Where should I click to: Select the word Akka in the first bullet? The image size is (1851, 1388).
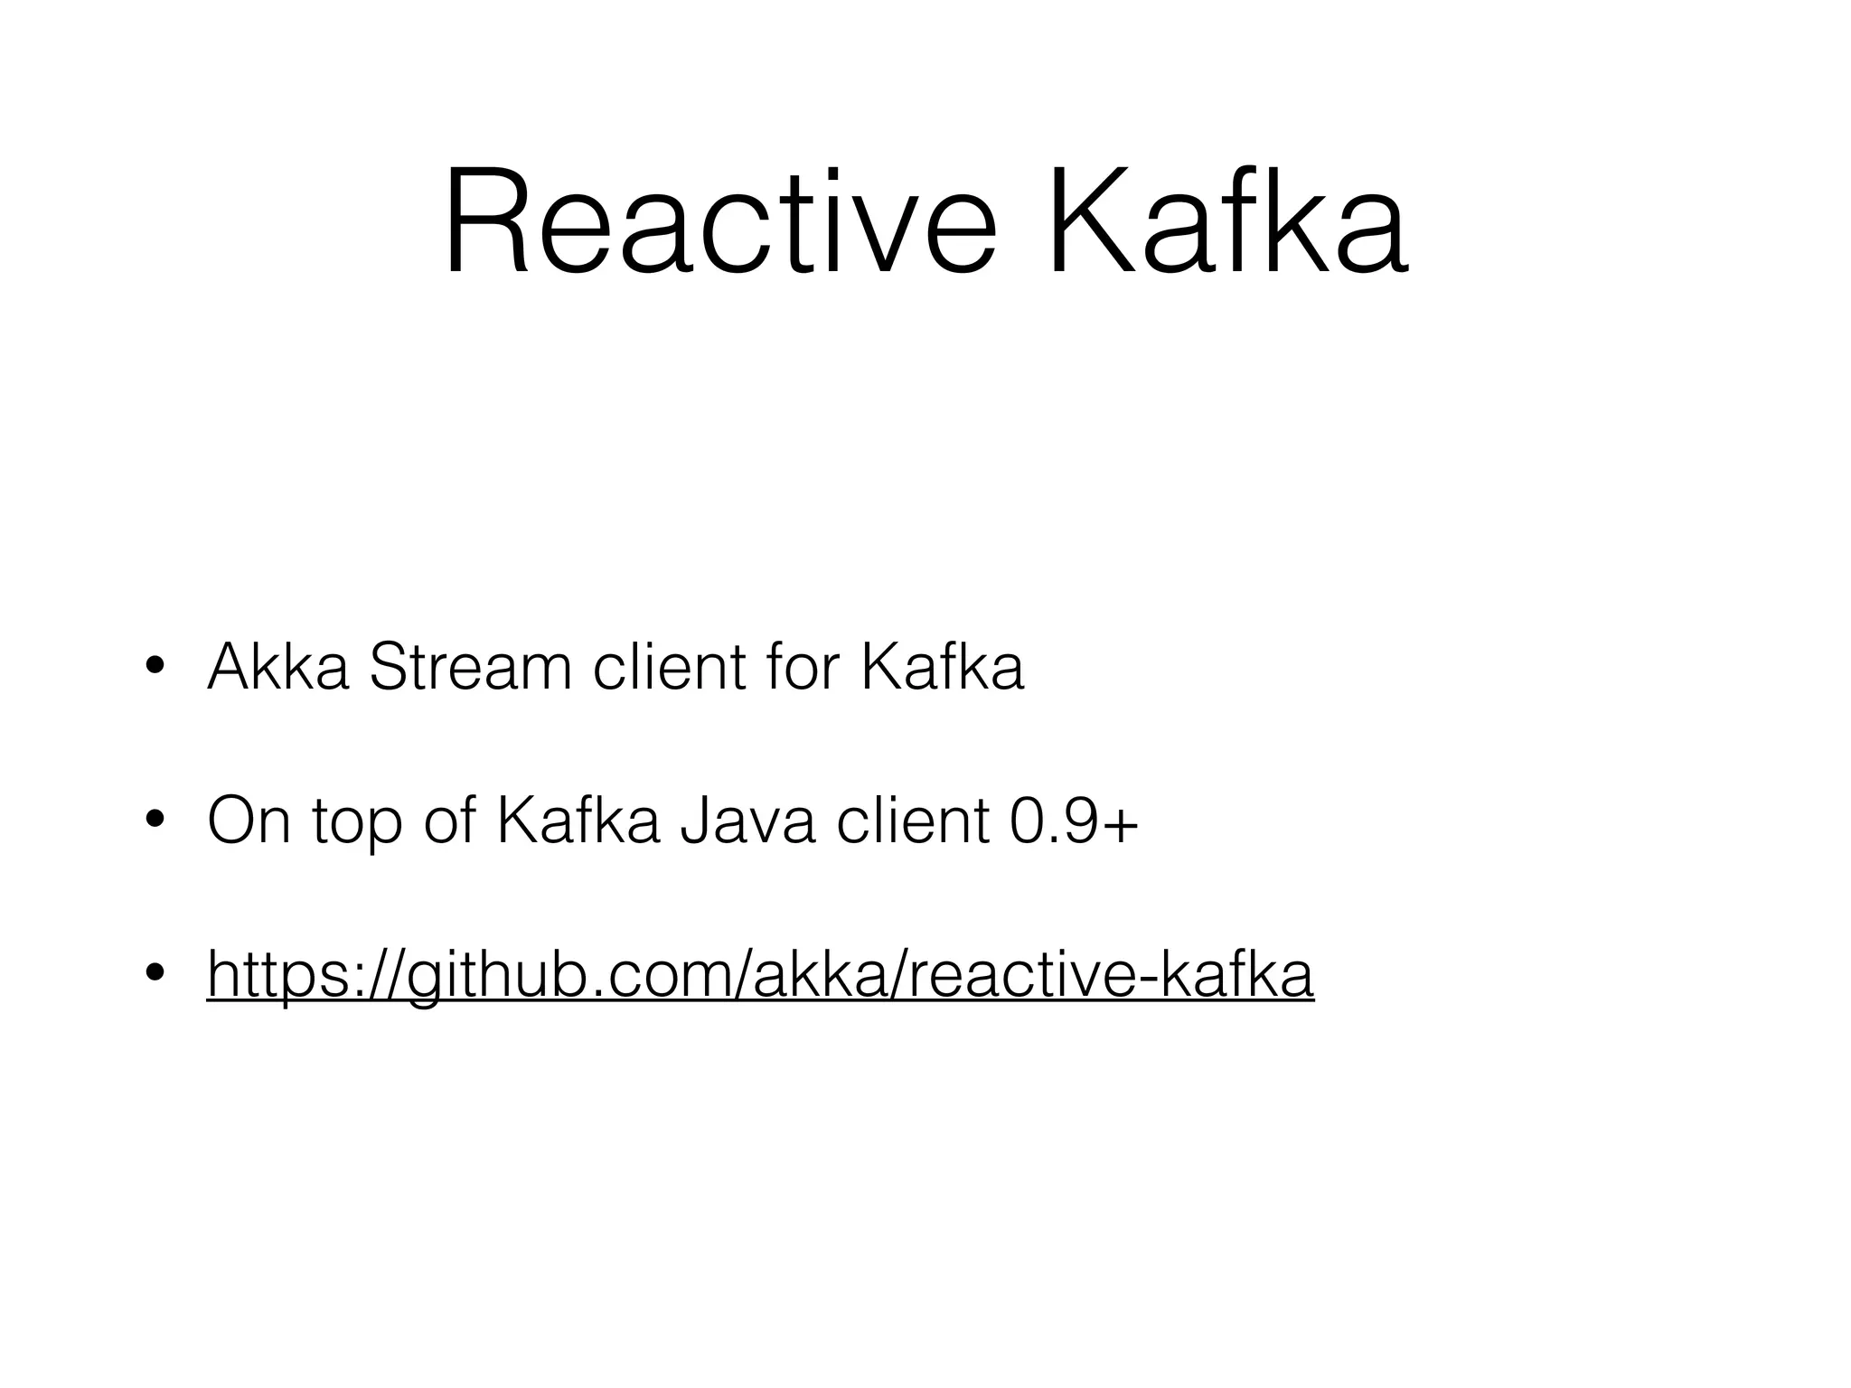(x=277, y=667)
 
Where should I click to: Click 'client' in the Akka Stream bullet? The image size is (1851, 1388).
(x=670, y=667)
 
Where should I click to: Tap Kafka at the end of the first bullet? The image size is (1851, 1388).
(x=942, y=667)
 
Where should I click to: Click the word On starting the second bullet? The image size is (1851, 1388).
(x=249, y=821)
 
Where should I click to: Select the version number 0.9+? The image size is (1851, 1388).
(x=1073, y=821)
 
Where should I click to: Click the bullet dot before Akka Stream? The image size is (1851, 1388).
(x=154, y=669)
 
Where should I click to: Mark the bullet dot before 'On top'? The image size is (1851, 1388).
(x=154, y=822)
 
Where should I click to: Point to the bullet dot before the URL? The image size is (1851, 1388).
(x=154, y=974)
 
